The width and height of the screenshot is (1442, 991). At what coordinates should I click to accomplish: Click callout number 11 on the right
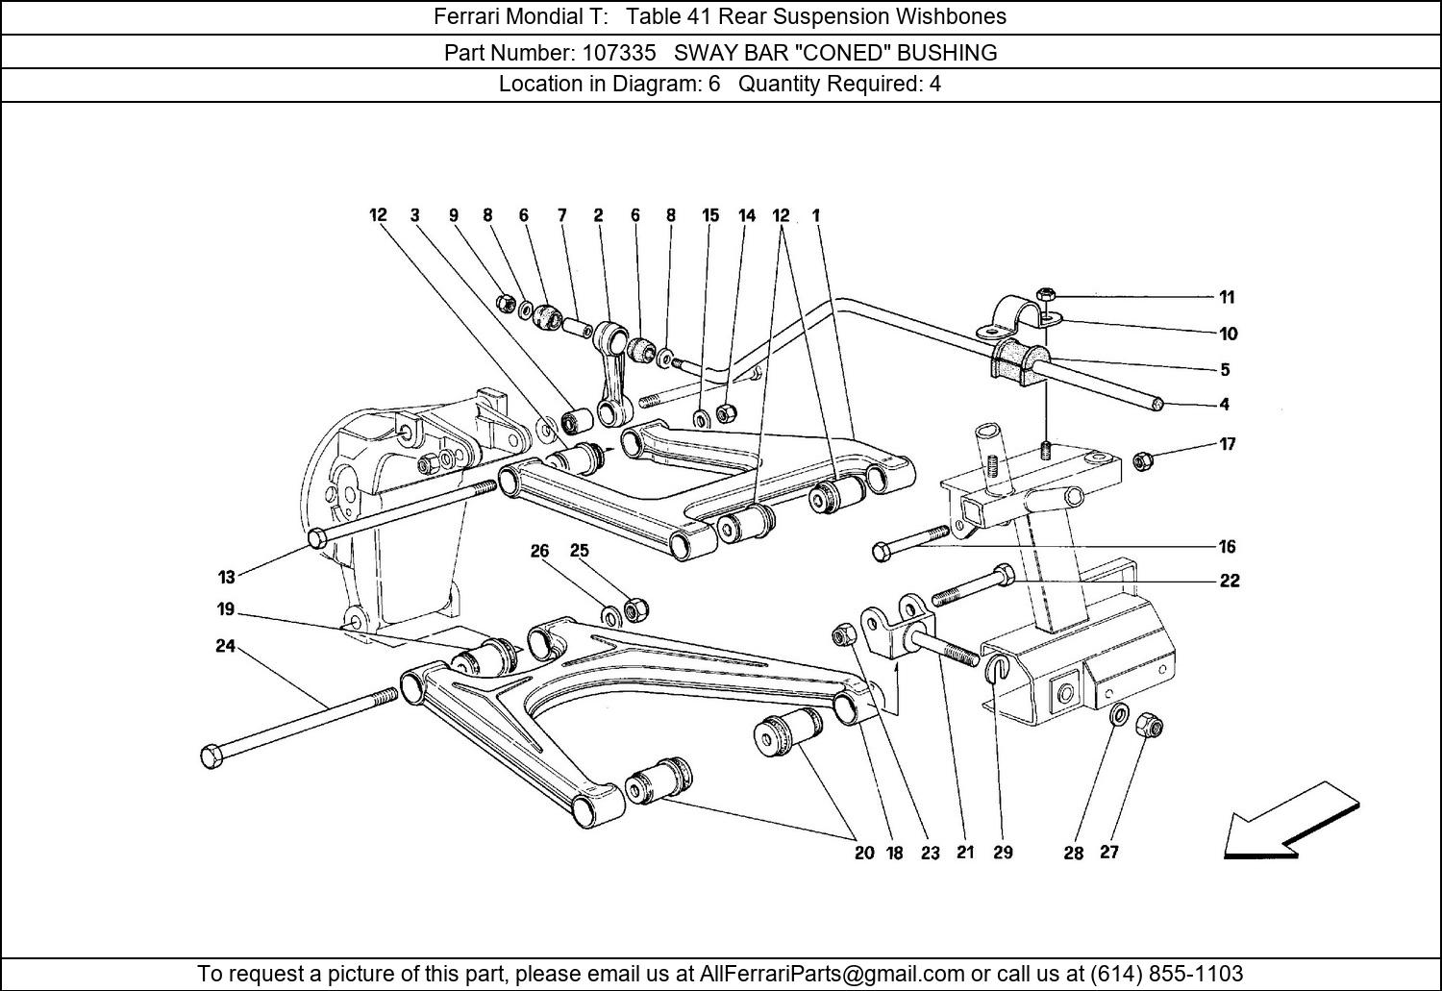pos(1227,298)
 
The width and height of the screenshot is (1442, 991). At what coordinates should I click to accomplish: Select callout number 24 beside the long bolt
pos(225,647)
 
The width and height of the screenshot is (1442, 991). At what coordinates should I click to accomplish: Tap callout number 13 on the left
pos(226,578)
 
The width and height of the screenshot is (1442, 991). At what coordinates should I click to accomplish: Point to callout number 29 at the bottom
pos(1003,853)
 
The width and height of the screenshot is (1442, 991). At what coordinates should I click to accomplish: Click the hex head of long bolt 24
pos(212,756)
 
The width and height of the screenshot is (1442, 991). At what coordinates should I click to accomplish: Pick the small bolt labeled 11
pos(1045,293)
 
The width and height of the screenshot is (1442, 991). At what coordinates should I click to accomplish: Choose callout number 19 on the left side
pos(225,609)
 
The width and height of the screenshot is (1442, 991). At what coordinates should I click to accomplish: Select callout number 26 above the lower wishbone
pos(539,552)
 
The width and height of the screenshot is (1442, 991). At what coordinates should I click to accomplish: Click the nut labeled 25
pos(635,609)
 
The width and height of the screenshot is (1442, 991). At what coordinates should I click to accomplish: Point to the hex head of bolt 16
pos(882,552)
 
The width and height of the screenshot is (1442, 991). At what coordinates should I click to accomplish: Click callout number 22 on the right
pos(1230,581)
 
